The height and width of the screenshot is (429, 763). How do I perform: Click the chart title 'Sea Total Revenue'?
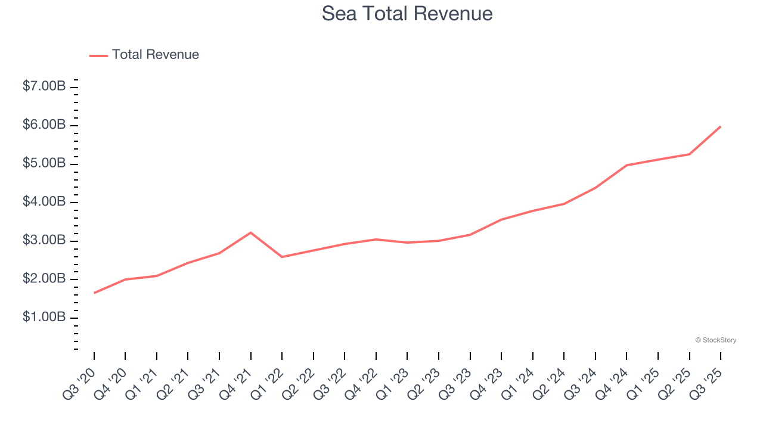407,13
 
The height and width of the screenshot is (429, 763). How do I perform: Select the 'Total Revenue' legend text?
155,55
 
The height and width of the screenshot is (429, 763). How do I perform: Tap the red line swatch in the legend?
98,55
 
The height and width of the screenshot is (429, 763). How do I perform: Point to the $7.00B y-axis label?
44,86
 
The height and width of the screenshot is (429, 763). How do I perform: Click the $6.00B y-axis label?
44,125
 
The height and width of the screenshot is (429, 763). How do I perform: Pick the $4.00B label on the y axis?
44,202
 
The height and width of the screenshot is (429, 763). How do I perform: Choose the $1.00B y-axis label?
44,318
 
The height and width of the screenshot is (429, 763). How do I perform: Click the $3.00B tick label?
44,241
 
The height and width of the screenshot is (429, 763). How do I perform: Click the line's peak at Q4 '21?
251,232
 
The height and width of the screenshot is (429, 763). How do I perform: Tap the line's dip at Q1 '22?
282,257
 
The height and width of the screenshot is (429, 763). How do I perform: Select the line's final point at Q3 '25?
721,126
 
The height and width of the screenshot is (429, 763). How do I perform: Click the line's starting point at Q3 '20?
94,293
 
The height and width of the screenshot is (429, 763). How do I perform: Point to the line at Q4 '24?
626,165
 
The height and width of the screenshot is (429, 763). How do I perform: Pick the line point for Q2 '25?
690,154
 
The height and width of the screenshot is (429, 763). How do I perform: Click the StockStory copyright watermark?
715,340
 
